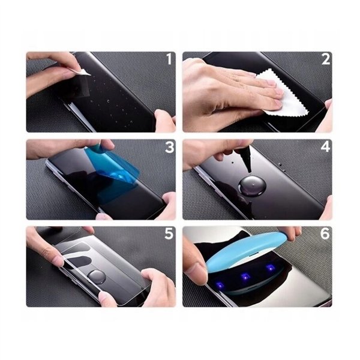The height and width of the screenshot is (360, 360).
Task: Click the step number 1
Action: coord(169,59)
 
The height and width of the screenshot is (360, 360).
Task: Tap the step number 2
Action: coord(325,59)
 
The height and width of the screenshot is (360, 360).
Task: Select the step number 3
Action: coord(169,146)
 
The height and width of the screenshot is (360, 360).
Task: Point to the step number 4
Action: coord(325,146)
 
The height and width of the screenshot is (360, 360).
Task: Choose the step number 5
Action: coord(169,233)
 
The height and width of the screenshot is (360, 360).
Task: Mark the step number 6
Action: coord(325,233)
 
